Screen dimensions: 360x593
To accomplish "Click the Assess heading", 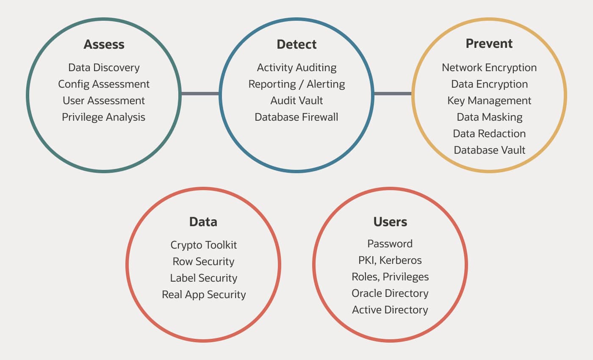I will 104,44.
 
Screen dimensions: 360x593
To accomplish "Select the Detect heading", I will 296,44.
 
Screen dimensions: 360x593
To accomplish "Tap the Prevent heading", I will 489,44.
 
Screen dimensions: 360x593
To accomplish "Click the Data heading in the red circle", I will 203,222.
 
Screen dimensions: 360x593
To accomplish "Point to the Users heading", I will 390,222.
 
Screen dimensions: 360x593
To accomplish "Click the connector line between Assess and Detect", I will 200,93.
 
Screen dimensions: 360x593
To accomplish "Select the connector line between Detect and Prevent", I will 393,93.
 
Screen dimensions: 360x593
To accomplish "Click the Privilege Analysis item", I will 104,117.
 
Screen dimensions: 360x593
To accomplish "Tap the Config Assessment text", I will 104,84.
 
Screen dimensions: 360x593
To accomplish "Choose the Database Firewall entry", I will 296,117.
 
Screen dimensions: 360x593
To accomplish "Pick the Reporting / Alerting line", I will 296,84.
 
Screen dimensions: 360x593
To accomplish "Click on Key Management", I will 489,101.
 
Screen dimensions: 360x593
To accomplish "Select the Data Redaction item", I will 489,134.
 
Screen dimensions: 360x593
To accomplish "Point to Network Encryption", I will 489,68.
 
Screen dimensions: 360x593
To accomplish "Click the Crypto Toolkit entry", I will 203,245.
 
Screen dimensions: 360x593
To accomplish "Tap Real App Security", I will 203,295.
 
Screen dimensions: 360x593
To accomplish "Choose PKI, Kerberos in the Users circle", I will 390,260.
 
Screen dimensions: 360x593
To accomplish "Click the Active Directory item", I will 390,310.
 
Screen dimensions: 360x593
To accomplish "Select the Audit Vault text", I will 296,101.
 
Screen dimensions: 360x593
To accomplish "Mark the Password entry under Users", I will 390,244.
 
